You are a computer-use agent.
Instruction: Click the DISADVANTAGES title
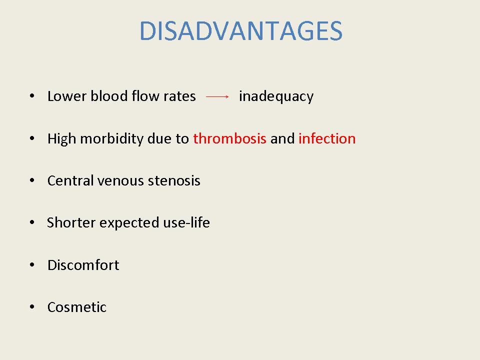pyautogui.click(x=241, y=31)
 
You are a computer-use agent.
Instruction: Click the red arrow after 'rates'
pyautogui.click(x=217, y=96)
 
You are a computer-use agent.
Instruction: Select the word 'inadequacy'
pyautogui.click(x=276, y=96)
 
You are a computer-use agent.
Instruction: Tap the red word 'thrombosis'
pyautogui.click(x=229, y=138)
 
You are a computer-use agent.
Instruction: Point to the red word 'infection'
pyautogui.click(x=327, y=138)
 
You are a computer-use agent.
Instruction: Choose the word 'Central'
pyautogui.click(x=70, y=180)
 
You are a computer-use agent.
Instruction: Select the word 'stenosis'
pyautogui.click(x=174, y=181)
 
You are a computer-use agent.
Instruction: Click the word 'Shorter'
pyautogui.click(x=71, y=222)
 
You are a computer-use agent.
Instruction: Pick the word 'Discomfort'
pyautogui.click(x=83, y=265)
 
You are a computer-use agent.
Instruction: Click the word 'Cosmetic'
pyautogui.click(x=77, y=307)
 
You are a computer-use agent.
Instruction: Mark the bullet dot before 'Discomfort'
pyautogui.click(x=32, y=265)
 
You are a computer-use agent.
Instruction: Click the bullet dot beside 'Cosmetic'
pyautogui.click(x=32, y=306)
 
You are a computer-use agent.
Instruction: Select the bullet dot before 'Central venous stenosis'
pyautogui.click(x=32, y=180)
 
